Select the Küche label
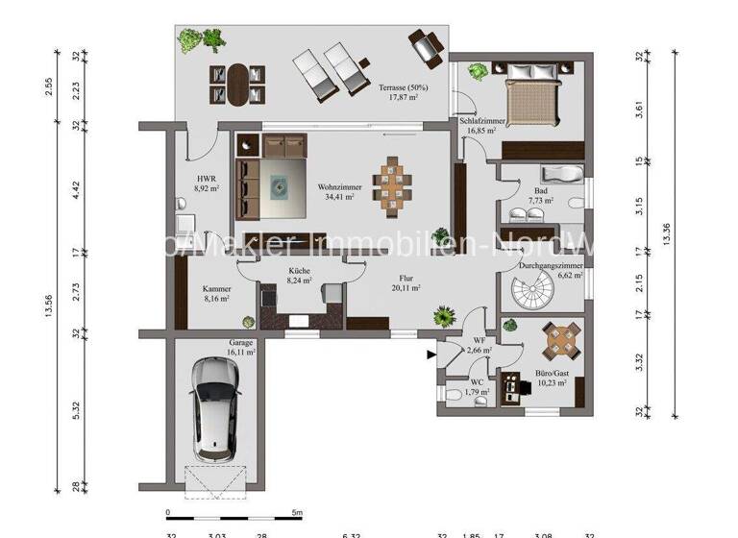(299, 272)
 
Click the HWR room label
(206, 179)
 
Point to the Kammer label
(216, 288)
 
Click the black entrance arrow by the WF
(430, 355)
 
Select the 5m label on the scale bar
(299, 512)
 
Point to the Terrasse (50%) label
(404, 87)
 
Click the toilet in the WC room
(452, 395)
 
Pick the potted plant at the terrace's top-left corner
(191, 40)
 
